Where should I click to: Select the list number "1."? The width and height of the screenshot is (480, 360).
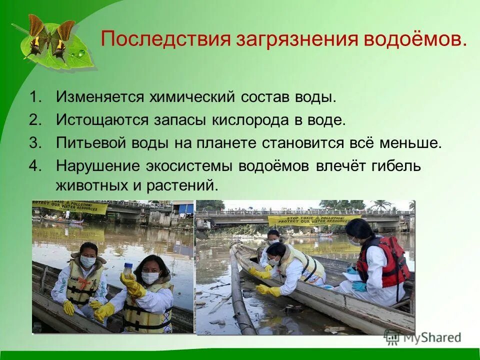tap(35, 96)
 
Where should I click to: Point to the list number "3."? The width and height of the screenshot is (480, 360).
tap(35, 143)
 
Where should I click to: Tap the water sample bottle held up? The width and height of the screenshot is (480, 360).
tap(129, 272)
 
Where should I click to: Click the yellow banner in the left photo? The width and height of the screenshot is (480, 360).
tap(70, 207)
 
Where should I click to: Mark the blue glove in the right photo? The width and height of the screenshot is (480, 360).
tap(359, 286)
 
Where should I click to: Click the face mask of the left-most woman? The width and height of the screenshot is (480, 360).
tap(87, 261)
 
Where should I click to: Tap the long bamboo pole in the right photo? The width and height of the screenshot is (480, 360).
tap(242, 295)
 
